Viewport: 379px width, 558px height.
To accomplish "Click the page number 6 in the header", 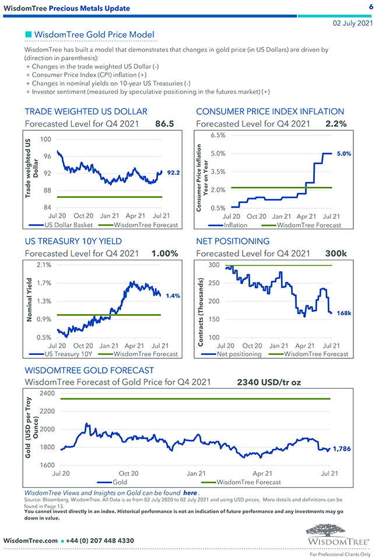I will tap(371, 7).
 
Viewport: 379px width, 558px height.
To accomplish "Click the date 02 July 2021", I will tap(353, 23).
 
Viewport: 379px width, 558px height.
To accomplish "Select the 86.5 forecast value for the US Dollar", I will tap(164, 124).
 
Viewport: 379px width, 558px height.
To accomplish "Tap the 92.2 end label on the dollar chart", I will tap(174, 173).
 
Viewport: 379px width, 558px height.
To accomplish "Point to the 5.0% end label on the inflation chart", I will tap(343, 154).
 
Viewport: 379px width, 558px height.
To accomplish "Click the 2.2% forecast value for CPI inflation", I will tap(336, 124).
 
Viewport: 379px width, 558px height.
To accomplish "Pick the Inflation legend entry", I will tap(235, 225).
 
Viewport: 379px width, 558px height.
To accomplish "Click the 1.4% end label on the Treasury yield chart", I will tap(173, 296).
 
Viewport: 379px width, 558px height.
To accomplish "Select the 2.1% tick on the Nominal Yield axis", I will tap(44, 265).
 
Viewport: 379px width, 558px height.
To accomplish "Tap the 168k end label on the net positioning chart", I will tap(343, 313).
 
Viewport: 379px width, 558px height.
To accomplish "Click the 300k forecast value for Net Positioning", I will tap(336, 253).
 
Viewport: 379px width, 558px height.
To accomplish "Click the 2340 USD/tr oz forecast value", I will tap(269, 383).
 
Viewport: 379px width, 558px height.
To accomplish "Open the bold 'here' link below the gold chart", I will tap(189, 493).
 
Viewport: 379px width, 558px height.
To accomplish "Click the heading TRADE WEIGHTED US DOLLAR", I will tap(86, 111).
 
